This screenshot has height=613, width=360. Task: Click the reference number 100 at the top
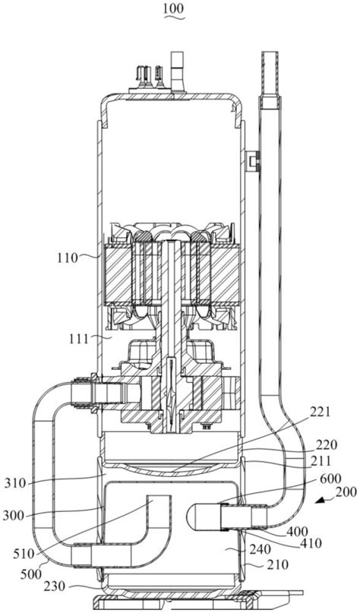pos(174,8)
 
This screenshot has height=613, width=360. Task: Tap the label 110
pos(68,258)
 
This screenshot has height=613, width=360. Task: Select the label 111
pos(79,339)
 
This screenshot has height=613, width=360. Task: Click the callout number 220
pos(326,445)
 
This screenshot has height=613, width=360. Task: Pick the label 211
pos(321,461)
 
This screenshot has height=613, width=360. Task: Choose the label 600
pos(330,478)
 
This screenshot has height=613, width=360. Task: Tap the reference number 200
pos(346,491)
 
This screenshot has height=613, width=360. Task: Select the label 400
pos(298,532)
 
